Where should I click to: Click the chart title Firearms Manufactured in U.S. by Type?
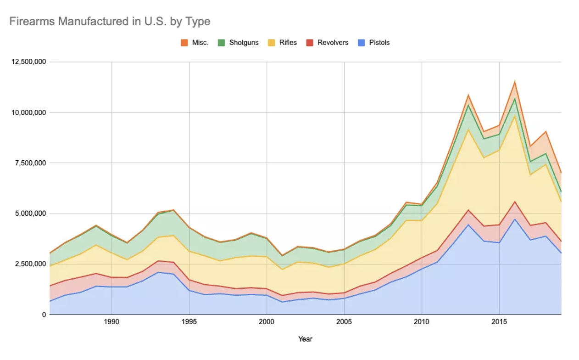point(110,21)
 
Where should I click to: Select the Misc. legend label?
point(200,43)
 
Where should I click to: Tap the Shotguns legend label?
point(244,43)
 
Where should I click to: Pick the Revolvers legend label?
point(333,43)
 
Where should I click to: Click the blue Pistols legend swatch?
point(362,43)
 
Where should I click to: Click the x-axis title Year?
point(305,339)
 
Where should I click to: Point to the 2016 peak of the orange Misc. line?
point(515,82)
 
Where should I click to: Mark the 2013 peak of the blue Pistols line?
point(468,225)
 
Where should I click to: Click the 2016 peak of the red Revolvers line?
point(515,202)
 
